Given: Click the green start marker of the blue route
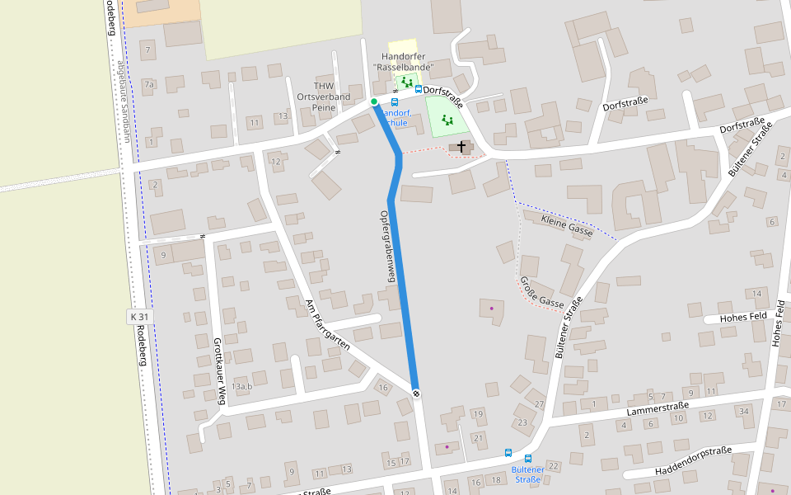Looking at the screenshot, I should coord(374,101).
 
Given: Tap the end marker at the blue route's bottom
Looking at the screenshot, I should coord(416,393).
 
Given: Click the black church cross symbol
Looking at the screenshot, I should coord(461,147).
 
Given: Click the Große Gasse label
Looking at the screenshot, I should coord(541,293).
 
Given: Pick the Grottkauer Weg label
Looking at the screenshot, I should coord(219,370).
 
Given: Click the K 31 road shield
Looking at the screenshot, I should coord(140,317).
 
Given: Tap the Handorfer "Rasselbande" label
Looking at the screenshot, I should coord(403,60).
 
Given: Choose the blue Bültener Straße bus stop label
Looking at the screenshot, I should coord(527,474).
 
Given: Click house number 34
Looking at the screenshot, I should coord(744,410).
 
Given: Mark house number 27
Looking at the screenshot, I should coord(540,403).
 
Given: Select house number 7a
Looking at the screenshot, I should coord(149,84).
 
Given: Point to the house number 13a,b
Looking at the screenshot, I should coord(242,386).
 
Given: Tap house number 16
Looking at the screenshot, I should coord(383,387).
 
